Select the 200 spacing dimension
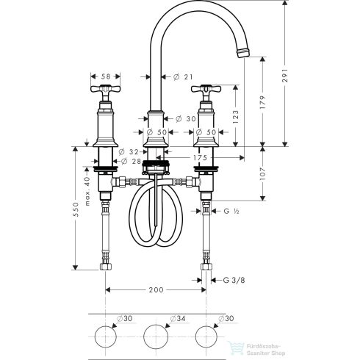[x=156, y=290]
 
